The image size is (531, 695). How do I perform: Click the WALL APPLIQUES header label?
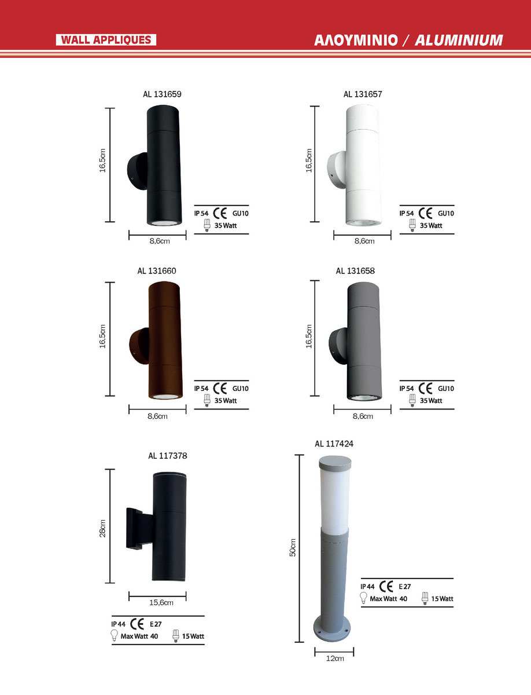click(x=106, y=40)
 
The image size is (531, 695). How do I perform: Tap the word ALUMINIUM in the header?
click(x=459, y=40)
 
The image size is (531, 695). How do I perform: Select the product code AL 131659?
click(x=162, y=94)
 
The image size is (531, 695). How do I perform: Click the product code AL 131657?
click(x=363, y=94)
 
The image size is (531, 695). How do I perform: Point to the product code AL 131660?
click(x=157, y=270)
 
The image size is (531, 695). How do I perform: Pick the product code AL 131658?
click(x=355, y=270)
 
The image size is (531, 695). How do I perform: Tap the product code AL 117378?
click(x=168, y=456)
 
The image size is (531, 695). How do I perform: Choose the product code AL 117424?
click(x=334, y=444)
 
